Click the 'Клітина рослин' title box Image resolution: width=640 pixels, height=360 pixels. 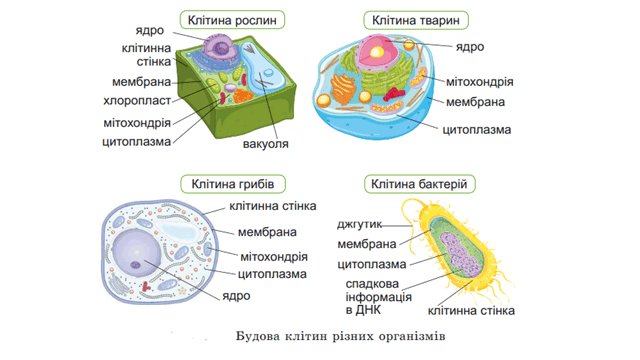pyautogui.click(x=232, y=20)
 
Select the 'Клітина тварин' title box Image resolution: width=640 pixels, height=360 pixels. pyautogui.click(x=416, y=20)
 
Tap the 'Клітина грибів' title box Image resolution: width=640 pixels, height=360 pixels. pyautogui.click(x=233, y=184)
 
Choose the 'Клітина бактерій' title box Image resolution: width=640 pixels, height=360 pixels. pyautogui.click(x=419, y=184)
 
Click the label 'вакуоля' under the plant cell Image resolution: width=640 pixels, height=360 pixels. pyautogui.click(x=265, y=144)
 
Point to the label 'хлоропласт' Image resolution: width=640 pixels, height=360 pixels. pyautogui.click(x=137, y=100)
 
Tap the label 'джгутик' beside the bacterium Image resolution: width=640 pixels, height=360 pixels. pyautogui.click(x=360, y=224)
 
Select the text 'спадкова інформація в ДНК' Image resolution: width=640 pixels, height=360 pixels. pyautogui.click(x=378, y=297)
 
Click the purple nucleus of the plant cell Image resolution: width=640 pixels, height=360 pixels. pyautogui.click(x=219, y=47)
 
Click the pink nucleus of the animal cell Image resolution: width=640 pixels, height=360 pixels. pyautogui.click(x=377, y=51)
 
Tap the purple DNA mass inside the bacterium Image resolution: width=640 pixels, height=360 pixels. pyautogui.click(x=461, y=254)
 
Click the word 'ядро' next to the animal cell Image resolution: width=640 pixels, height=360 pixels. pyautogui.click(x=470, y=47)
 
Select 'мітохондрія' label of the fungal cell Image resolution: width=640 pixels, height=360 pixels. pyautogui.click(x=274, y=257)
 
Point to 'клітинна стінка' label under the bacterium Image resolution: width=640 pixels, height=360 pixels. pyautogui.click(x=471, y=311)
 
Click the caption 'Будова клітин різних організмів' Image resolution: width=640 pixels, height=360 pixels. pyautogui.click(x=340, y=336)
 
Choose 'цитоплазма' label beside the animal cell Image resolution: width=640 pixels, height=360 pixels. pyautogui.click(x=477, y=130)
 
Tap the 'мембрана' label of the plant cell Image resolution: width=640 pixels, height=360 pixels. pyautogui.click(x=141, y=82)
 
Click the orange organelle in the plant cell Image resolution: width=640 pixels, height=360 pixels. pyautogui.click(x=243, y=96)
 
